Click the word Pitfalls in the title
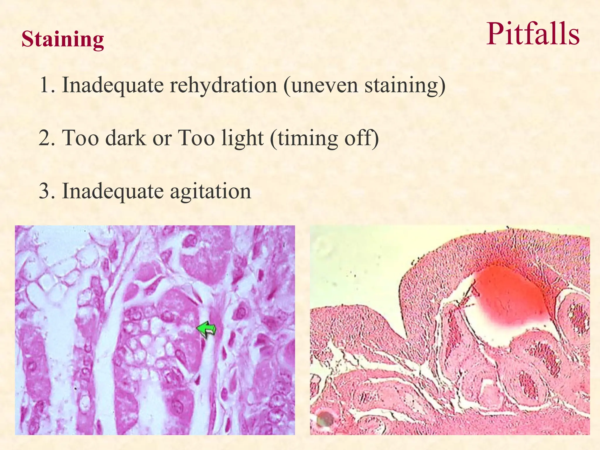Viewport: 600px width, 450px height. [x=533, y=35]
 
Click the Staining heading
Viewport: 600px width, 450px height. [x=63, y=39]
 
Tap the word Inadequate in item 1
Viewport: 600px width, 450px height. [x=113, y=85]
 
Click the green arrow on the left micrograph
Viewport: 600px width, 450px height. [x=207, y=330]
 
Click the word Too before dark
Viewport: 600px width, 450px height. [x=80, y=138]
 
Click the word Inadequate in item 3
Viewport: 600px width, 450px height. [x=113, y=191]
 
